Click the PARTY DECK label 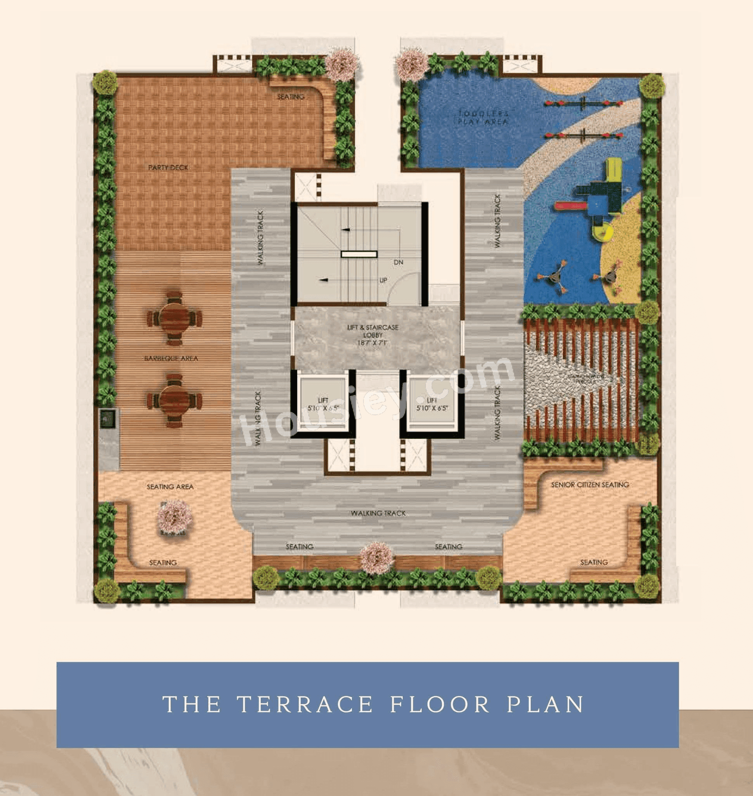(x=168, y=167)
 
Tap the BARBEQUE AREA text (x=171, y=358)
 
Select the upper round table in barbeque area (x=174, y=318)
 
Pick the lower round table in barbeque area (x=174, y=401)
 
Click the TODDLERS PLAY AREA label (x=483, y=118)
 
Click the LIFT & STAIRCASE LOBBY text (x=372, y=335)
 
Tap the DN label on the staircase (x=398, y=262)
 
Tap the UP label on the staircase (x=383, y=280)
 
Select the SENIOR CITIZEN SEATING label (x=590, y=485)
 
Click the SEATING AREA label (x=170, y=487)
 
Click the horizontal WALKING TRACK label (x=378, y=513)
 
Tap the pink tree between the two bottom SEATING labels (x=376, y=558)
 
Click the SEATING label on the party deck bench (x=291, y=97)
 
